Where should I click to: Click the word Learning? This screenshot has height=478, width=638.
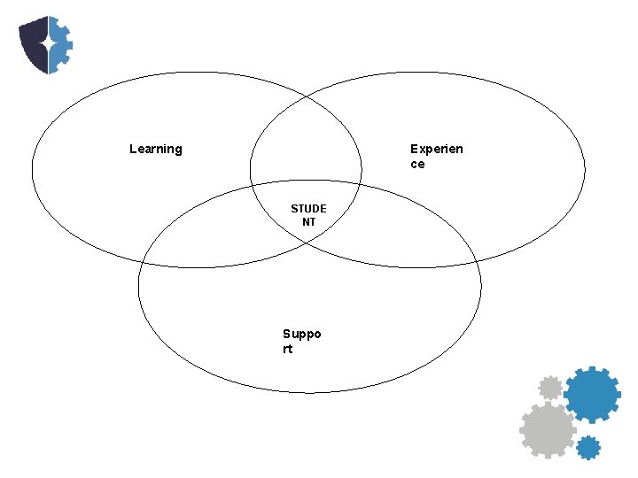[x=155, y=149]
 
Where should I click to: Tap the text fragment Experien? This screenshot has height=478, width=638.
[x=436, y=149]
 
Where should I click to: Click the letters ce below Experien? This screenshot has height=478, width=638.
[x=417, y=164]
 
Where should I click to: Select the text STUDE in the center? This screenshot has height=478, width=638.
[x=308, y=209]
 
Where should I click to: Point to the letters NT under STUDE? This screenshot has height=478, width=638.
[x=308, y=222]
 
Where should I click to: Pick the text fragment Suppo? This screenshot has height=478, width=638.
[x=301, y=334]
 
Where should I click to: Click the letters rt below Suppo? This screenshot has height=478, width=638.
[x=288, y=349]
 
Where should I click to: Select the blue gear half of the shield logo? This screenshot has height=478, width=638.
[x=59, y=44]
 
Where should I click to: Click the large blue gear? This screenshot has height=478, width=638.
[x=591, y=394]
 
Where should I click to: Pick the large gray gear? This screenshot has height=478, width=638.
[x=547, y=430]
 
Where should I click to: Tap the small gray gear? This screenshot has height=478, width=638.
[x=550, y=387]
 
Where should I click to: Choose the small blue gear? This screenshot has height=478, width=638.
[x=587, y=447]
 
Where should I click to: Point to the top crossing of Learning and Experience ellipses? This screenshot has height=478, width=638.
[x=306, y=95]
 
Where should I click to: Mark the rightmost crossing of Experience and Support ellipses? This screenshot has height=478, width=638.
[x=471, y=257]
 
